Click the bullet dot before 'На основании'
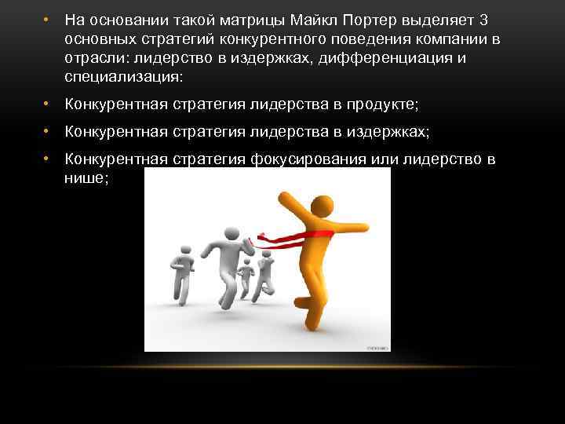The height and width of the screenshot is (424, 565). pyautogui.click(x=47, y=19)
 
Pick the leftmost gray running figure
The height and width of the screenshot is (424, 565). pyautogui.click(x=180, y=274)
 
